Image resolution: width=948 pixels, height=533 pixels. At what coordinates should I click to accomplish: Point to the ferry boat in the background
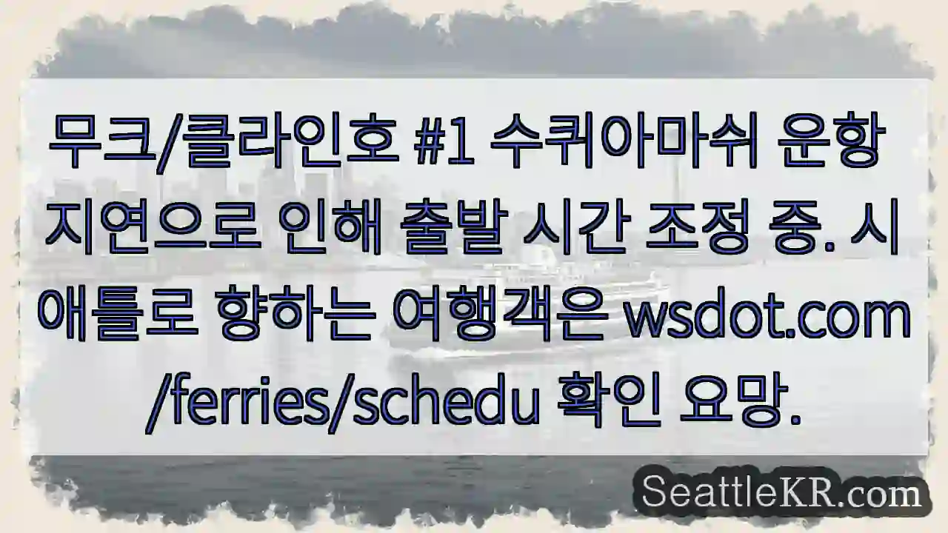[x=518, y=296]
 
